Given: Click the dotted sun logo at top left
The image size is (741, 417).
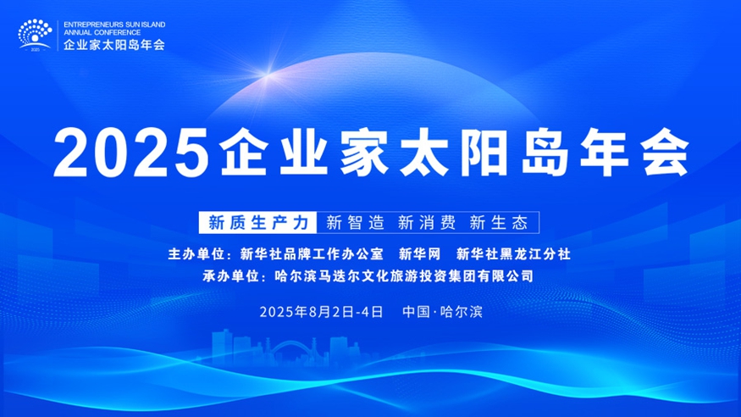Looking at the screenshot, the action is point(35,35).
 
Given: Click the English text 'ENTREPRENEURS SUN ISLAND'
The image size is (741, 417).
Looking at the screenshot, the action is point(114,25).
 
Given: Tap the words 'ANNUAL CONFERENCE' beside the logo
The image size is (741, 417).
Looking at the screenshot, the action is point(102,32).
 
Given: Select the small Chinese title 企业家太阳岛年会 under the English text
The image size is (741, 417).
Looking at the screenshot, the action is point(113,45).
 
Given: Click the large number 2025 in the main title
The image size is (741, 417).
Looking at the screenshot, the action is point(131,153).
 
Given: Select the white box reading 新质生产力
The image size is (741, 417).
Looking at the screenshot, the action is point(257,222).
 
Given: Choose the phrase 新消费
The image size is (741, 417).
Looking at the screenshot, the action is point(427,222).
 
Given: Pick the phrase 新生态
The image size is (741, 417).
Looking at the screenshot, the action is point(499,222).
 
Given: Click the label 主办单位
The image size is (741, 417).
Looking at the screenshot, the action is point(196,254).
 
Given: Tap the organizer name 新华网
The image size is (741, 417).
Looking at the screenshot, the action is point(420,254).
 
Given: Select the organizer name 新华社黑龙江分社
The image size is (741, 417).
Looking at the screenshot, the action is point(514,254).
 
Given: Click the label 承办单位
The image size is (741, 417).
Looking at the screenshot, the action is point(230,275).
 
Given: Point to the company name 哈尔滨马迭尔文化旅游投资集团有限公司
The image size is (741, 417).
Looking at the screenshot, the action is point(405,275).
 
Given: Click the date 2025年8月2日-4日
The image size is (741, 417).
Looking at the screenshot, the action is point(321,312).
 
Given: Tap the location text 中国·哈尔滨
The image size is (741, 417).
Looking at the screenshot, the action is point(442,312).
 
